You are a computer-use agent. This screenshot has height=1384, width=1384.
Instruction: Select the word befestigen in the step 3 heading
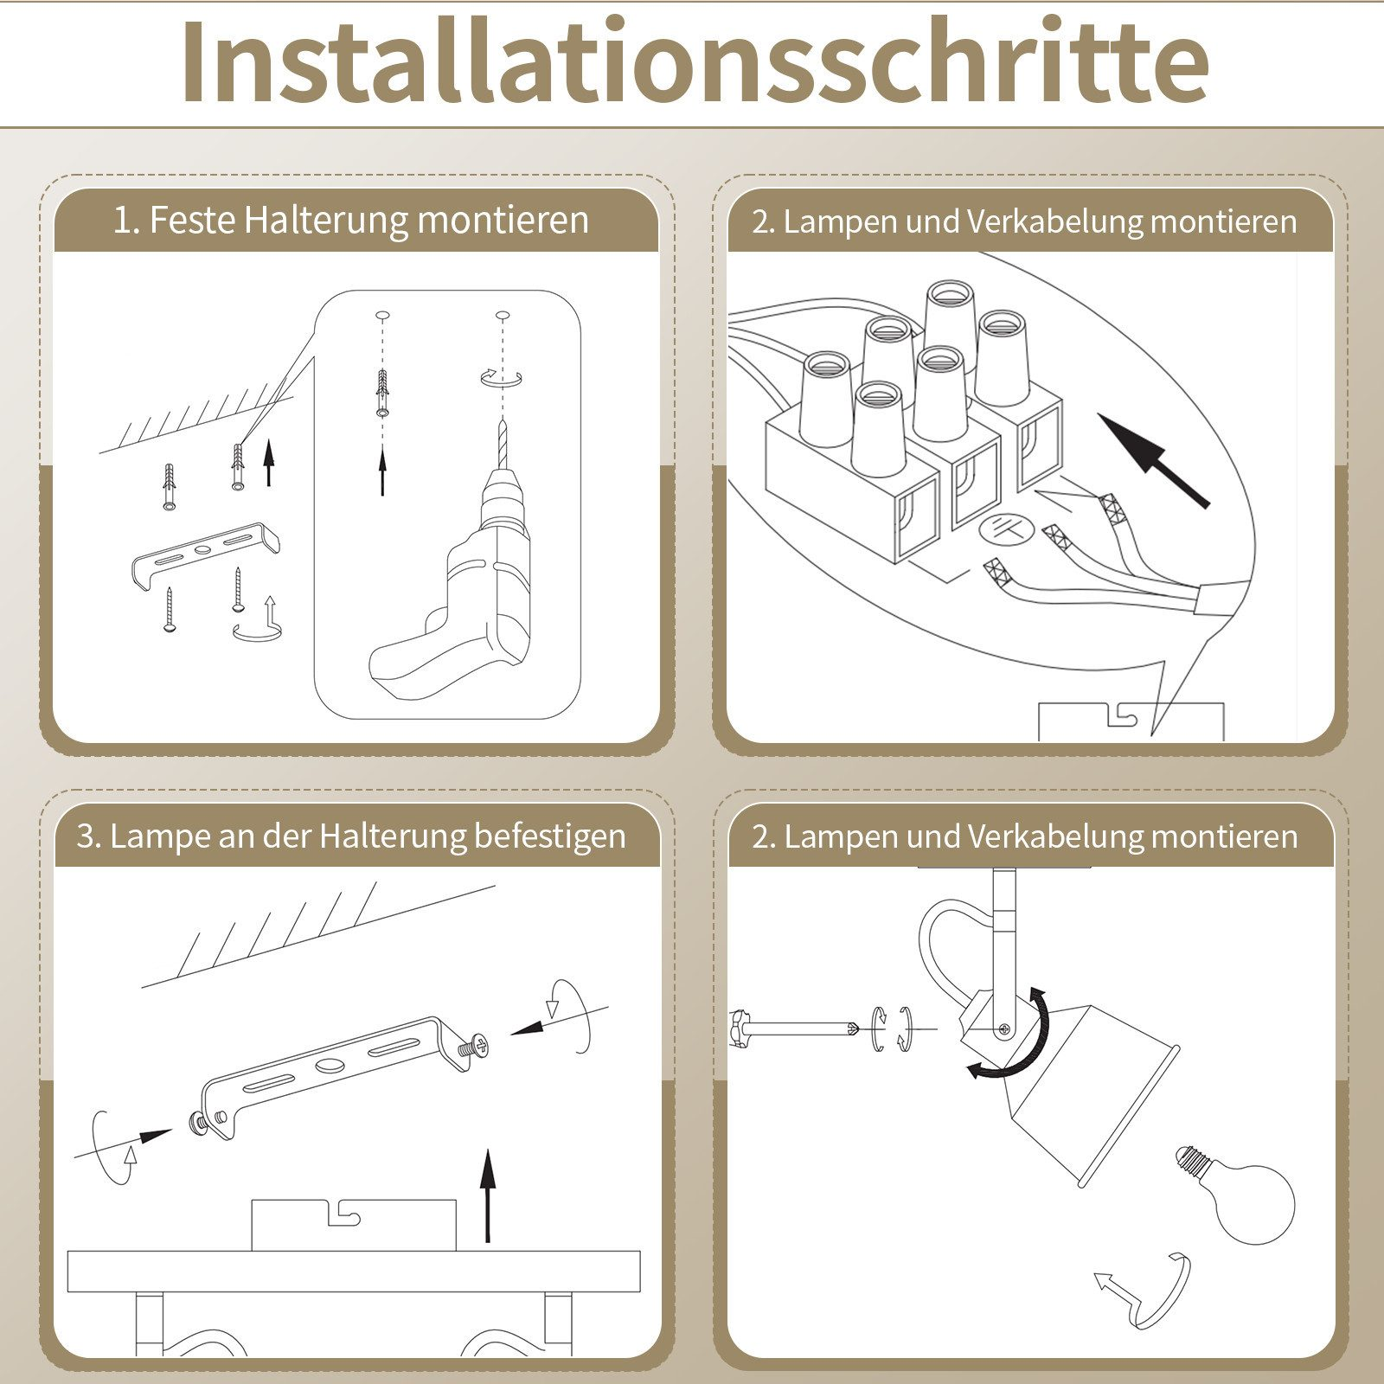550,836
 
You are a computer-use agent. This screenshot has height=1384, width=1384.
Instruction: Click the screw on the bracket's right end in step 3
471,1048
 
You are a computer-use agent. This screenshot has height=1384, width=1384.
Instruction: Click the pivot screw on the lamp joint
1004,1028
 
